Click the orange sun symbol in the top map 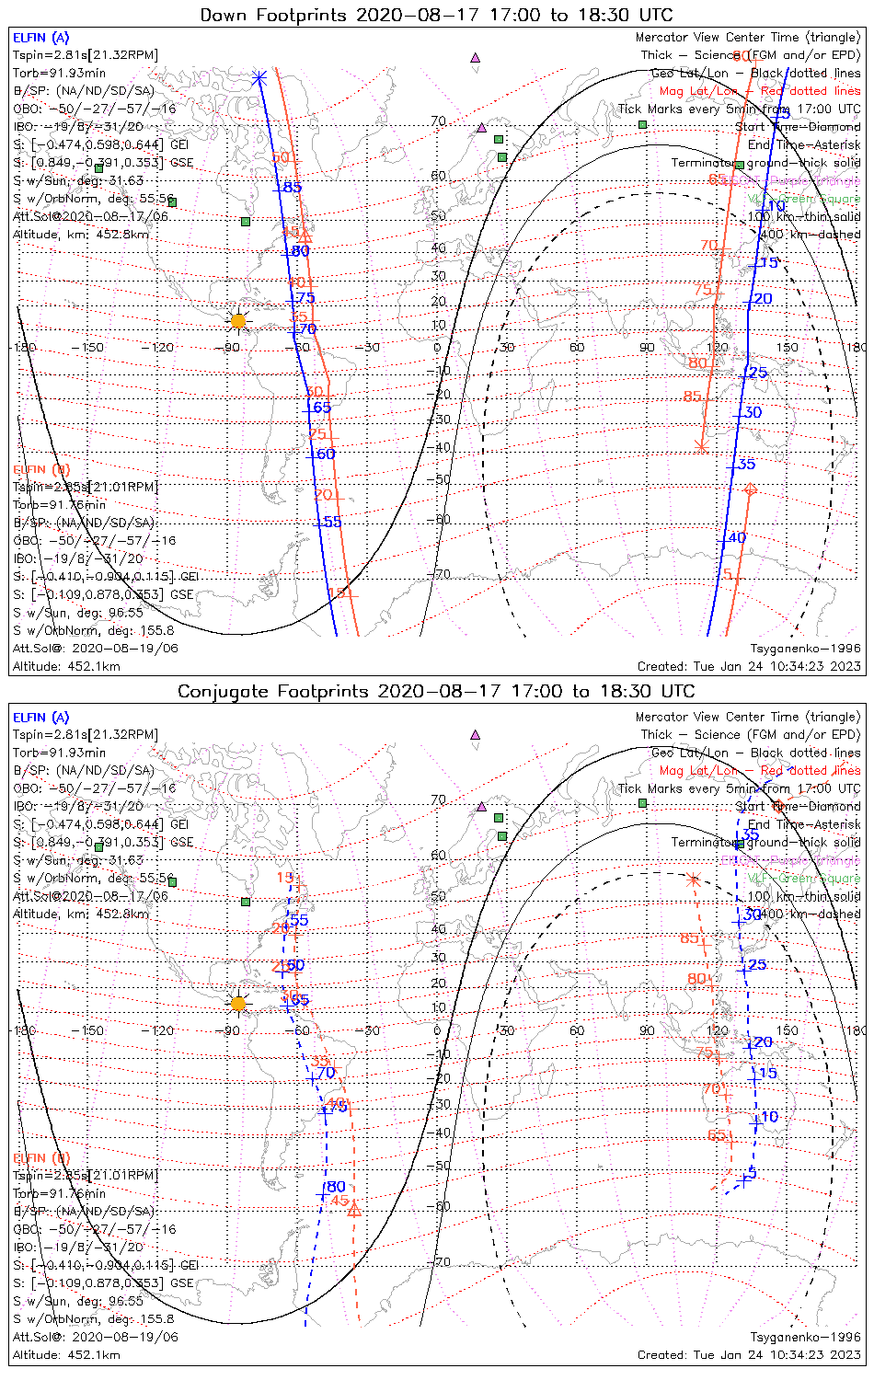click(238, 320)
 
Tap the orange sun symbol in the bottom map click(238, 1003)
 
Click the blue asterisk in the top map click(259, 78)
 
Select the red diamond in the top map click(750, 489)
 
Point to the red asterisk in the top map click(702, 447)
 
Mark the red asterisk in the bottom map click(693, 879)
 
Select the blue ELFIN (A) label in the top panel click(40, 38)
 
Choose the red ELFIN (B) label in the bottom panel click(40, 1157)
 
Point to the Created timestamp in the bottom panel click(749, 1355)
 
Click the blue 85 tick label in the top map click(292, 188)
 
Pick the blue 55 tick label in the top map click(332, 522)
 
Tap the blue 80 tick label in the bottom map click(336, 1187)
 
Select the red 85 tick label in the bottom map click(689, 938)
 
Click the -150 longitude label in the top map click(93, 348)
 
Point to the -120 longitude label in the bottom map click(162, 1030)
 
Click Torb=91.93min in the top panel click(59, 73)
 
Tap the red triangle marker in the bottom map click(354, 1210)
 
